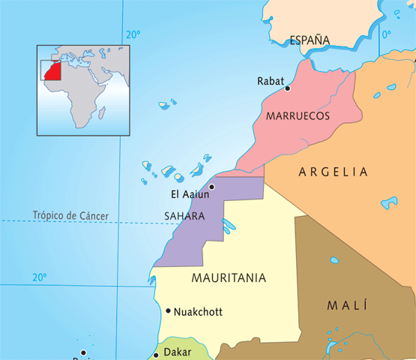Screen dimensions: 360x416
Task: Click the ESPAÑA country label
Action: [310, 40]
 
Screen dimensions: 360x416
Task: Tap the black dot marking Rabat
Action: [287, 88]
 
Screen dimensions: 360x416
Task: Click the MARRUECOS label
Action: [298, 117]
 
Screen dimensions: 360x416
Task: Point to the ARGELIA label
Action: [334, 172]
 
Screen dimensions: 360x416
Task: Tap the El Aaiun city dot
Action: [212, 187]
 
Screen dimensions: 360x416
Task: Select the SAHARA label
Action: [184, 216]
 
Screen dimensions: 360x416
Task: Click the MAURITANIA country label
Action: [229, 277]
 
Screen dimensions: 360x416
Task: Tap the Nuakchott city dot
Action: [168, 310]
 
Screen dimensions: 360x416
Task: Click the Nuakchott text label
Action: [198, 311]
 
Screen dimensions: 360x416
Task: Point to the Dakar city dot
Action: [156, 354]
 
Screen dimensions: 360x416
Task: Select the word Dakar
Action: [178, 352]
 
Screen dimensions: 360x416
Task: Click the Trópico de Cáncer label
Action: [70, 216]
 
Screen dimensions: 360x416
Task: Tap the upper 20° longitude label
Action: [133, 34]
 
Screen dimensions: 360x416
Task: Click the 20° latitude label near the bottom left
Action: [39, 277]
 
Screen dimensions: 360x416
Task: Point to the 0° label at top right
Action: [387, 34]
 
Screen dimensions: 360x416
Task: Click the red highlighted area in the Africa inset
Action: [52, 70]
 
